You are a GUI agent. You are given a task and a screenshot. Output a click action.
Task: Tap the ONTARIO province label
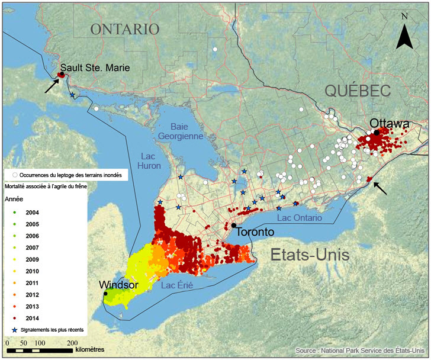125,29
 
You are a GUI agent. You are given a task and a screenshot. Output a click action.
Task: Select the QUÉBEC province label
358,91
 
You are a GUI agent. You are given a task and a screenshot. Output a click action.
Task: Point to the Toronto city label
255,232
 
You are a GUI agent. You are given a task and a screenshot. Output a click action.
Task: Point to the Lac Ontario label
300,218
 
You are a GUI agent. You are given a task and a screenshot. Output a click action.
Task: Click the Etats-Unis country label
310,255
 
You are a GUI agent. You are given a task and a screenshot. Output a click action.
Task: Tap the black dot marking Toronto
234,226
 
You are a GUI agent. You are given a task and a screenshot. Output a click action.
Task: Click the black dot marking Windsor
105,293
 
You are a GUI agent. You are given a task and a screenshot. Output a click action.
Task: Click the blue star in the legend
14,329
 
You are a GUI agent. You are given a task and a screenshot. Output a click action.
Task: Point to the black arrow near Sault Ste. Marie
52,85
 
